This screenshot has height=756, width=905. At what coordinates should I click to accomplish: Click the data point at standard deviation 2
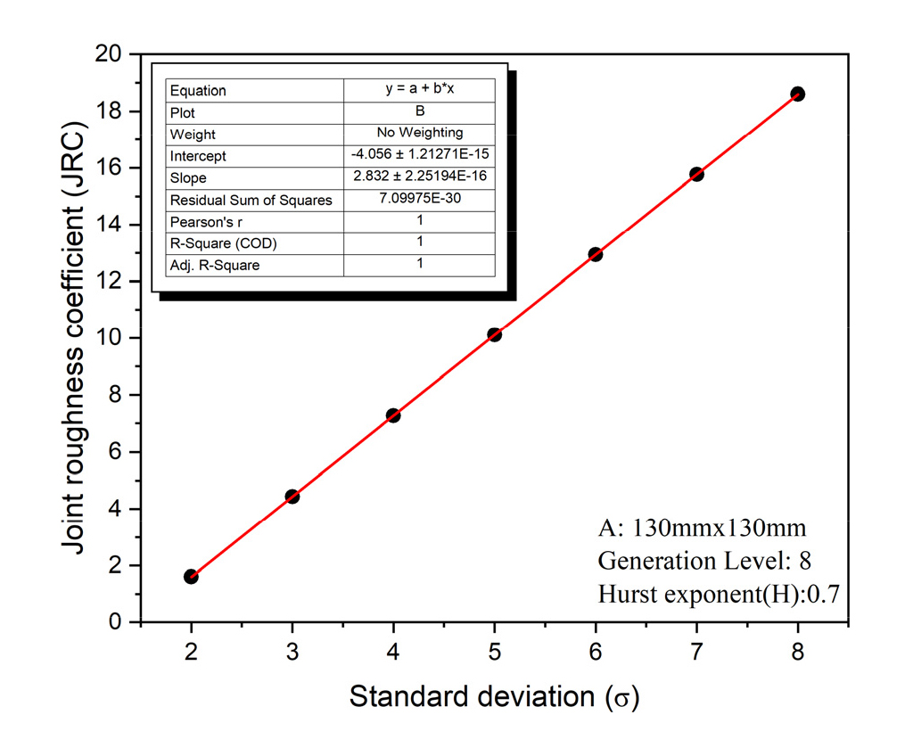[191, 577]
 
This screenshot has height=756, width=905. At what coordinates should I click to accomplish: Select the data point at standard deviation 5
[494, 334]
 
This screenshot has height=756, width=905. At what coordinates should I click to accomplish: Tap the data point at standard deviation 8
[797, 94]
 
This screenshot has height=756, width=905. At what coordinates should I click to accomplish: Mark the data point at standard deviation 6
[596, 254]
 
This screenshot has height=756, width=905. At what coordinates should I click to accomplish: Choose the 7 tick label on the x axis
[696, 652]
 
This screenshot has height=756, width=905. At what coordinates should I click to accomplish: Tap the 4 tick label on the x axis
[393, 652]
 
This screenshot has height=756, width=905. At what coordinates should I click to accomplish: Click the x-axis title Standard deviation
[494, 696]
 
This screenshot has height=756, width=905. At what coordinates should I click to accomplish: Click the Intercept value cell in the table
[419, 154]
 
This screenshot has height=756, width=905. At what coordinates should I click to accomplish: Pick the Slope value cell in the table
[419, 177]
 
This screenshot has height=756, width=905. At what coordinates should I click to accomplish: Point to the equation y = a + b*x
[419, 89]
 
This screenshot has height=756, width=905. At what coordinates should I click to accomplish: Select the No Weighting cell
[419, 132]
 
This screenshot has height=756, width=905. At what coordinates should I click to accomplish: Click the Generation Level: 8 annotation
[703, 560]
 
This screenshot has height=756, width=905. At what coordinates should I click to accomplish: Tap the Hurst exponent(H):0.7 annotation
[718, 594]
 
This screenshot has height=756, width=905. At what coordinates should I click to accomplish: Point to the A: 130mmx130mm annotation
[702, 527]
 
